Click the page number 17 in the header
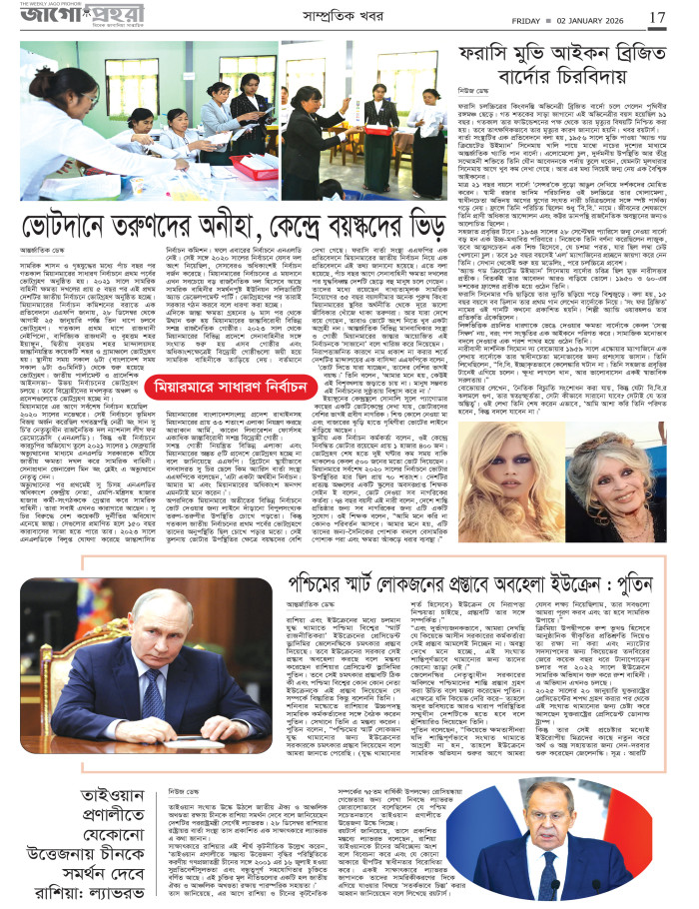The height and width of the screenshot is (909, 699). pyautogui.click(x=657, y=17)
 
